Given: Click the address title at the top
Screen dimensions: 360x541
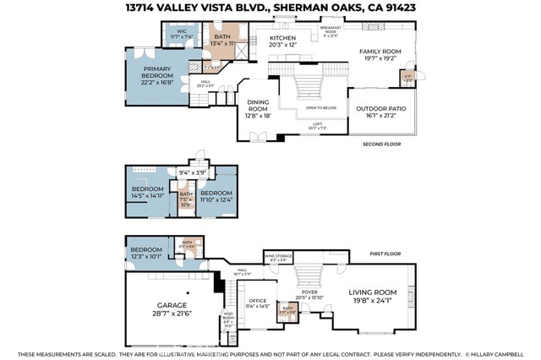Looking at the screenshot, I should coord(270,8).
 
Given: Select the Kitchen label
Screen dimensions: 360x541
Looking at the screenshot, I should coord(282,42).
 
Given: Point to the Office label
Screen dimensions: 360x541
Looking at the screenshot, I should coord(257,302).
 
